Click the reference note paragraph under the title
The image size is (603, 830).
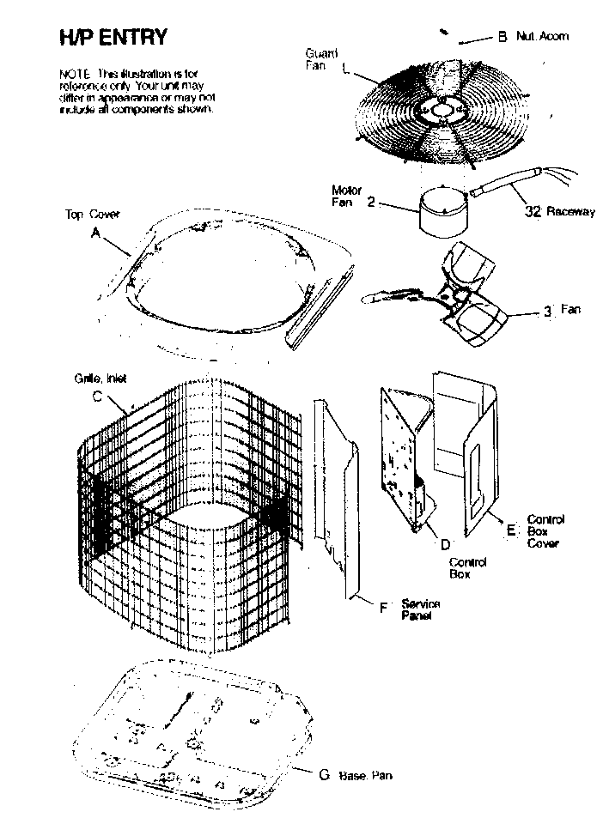(137, 93)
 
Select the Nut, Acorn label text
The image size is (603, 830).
(542, 37)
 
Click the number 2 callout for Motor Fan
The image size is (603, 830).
(370, 202)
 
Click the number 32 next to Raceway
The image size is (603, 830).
(532, 212)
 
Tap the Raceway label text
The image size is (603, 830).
(570, 212)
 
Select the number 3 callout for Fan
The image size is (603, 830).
(546, 311)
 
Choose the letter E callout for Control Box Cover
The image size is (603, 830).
(511, 530)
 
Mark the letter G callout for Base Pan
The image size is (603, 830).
(324, 774)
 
